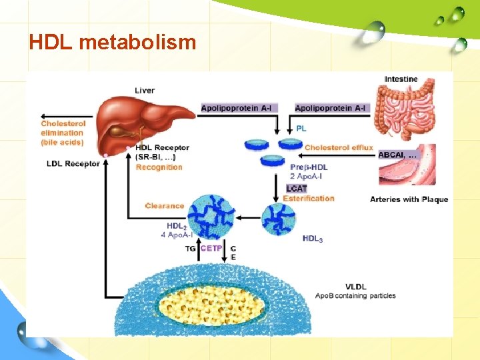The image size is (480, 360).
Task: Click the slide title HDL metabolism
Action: [x=112, y=42]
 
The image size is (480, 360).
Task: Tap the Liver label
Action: [x=145, y=91]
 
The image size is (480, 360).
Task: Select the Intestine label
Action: [x=401, y=79]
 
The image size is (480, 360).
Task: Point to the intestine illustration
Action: [x=403, y=111]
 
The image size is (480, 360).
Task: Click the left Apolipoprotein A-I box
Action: [x=237, y=108]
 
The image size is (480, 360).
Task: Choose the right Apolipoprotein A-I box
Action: [x=330, y=108]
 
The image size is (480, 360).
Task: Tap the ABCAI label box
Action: [x=398, y=155]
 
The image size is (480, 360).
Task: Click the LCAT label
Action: [x=297, y=189]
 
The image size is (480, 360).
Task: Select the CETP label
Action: [x=212, y=249]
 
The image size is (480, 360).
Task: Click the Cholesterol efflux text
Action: [x=339, y=147]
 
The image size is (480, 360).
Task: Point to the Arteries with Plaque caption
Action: [x=409, y=199]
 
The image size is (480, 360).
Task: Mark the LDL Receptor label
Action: [x=73, y=164]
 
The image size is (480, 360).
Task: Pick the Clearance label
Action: [x=165, y=206]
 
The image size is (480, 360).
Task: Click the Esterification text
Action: [x=309, y=198]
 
